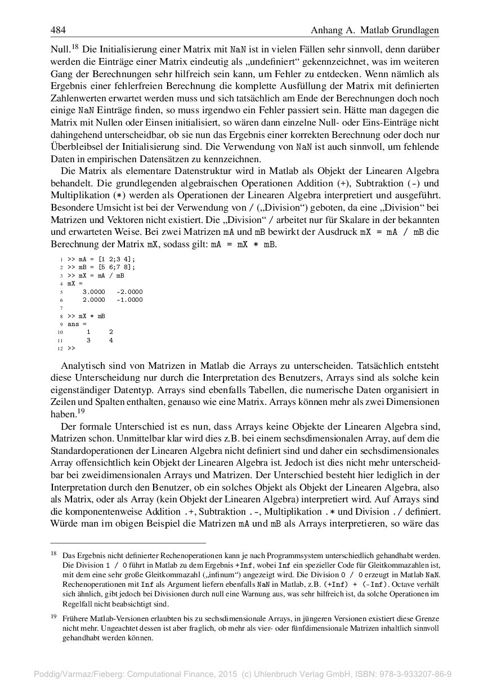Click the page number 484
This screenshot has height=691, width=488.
58,29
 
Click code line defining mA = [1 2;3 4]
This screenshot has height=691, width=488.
101,260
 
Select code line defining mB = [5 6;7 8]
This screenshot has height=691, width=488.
101,268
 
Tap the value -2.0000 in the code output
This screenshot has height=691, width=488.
129,292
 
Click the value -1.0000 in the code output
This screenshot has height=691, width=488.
129,300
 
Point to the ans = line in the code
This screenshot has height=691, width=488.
77,324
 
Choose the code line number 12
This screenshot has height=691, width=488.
60,349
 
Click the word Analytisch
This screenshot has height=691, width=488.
85,365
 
